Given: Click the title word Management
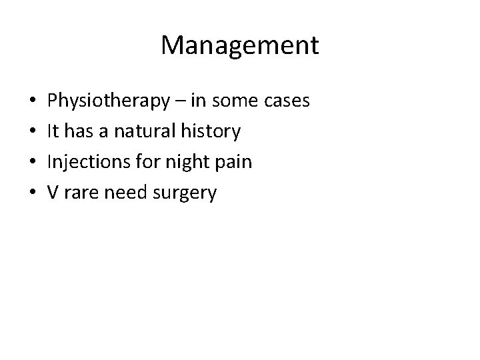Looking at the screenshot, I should click(240, 45).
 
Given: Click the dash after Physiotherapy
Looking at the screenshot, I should click(181, 101).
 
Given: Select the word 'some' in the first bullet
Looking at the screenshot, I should click(234, 101).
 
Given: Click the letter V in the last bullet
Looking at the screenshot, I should click(53, 193).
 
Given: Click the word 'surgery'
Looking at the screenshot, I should click(185, 193).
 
